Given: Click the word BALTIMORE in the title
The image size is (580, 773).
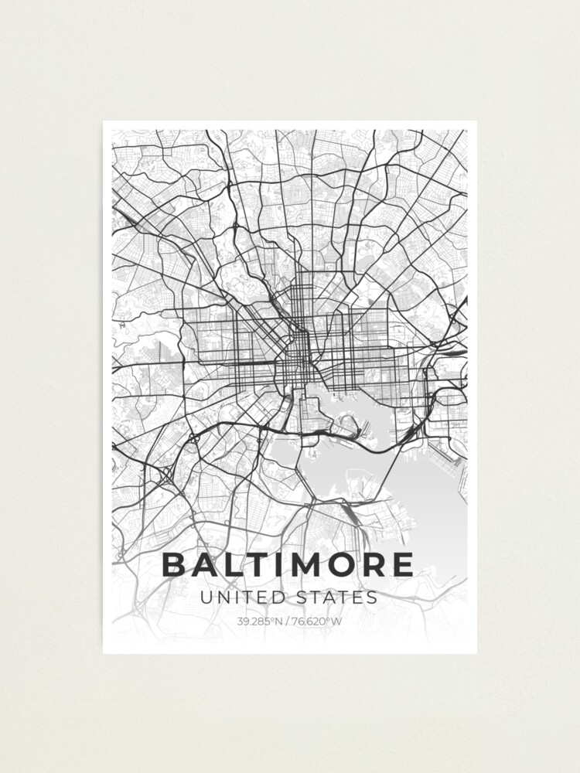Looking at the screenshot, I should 288,565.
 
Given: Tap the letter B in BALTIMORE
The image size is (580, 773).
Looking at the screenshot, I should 175,565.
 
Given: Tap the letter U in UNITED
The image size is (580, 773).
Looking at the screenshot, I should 205,598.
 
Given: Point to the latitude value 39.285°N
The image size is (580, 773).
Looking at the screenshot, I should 261,621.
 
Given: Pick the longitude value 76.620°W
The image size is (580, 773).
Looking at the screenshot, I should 315,621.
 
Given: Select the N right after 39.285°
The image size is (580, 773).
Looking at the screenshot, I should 280,621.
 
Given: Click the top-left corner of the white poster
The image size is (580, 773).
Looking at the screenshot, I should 104,121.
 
